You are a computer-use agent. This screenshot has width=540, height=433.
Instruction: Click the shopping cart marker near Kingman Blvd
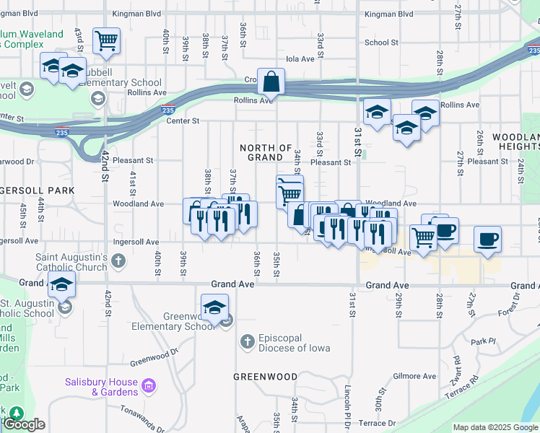tap(107, 40)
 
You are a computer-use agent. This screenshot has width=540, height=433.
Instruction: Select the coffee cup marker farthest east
tap(487, 239)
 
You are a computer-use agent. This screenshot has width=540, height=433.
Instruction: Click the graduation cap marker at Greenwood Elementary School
tap(214, 308)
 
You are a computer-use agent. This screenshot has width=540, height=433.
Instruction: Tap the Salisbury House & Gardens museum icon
tap(149, 386)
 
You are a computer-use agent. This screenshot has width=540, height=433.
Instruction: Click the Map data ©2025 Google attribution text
tap(495, 427)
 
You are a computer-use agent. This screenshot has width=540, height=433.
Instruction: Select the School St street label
tap(381, 43)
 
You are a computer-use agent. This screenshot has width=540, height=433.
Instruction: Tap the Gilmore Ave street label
tap(414, 376)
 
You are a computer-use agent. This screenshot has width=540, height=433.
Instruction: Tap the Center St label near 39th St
tap(183, 121)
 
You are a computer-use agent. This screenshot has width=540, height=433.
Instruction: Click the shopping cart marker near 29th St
tap(422, 237)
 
